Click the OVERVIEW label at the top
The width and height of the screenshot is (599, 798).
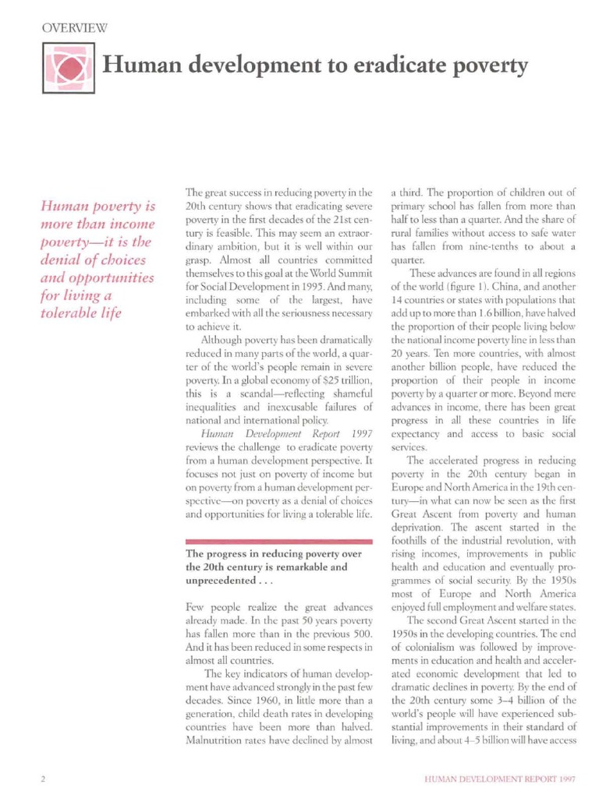click(74, 28)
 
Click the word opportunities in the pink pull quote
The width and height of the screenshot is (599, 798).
click(111, 277)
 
